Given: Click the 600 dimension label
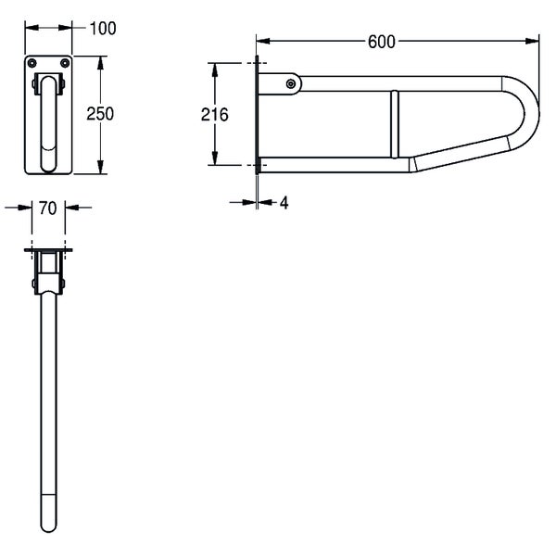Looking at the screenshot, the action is [x=381, y=42].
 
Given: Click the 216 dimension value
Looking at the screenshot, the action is [x=215, y=115].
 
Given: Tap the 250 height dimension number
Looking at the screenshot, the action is [x=100, y=114].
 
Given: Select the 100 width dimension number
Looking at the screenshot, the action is [x=103, y=29].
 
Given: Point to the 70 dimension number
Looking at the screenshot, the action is [x=48, y=208].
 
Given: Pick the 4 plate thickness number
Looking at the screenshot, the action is [x=284, y=203].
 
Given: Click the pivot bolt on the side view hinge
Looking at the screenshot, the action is [x=291, y=84].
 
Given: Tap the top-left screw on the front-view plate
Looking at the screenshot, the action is [x=32, y=63].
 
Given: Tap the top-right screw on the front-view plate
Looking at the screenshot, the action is [x=65, y=63].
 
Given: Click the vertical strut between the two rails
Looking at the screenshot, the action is [x=395, y=124].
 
